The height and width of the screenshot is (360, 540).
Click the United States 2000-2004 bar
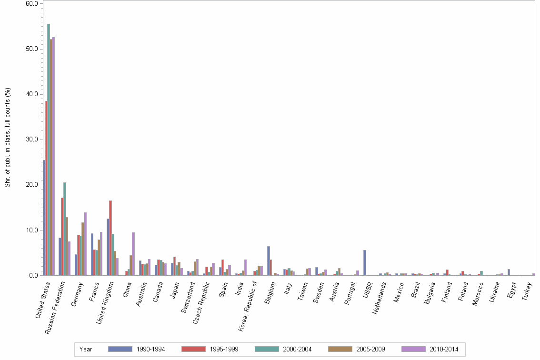point(49,150)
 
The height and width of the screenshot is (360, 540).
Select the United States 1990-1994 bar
point(44,218)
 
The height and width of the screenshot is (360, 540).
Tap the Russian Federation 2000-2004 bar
point(65,229)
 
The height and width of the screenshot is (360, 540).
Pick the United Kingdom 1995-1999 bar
point(110,238)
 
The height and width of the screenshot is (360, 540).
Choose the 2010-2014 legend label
point(444,349)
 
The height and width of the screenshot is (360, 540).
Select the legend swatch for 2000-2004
point(267,349)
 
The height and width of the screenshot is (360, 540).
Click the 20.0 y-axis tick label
point(32,185)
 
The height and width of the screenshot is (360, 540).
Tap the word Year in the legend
point(86,349)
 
